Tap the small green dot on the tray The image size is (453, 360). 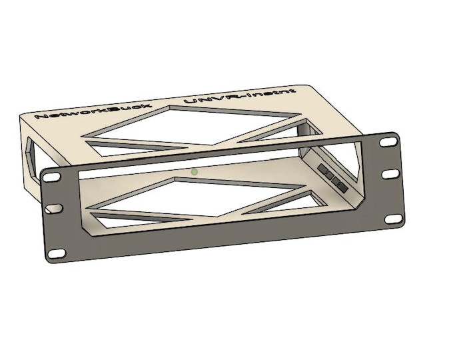[195, 171]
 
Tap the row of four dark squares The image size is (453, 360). [330, 176]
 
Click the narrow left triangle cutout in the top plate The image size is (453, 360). [133, 144]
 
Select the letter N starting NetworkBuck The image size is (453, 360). [41, 117]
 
